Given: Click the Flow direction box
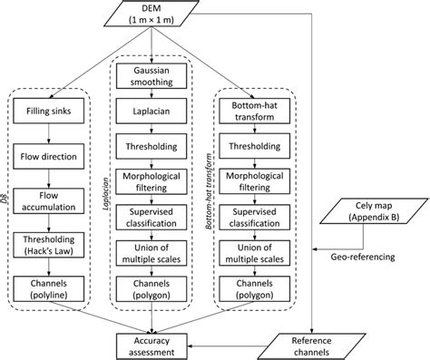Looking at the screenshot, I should (x=46, y=157).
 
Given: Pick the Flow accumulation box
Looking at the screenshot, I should (x=46, y=201).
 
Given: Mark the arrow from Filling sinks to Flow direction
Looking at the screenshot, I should (x=46, y=135).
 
